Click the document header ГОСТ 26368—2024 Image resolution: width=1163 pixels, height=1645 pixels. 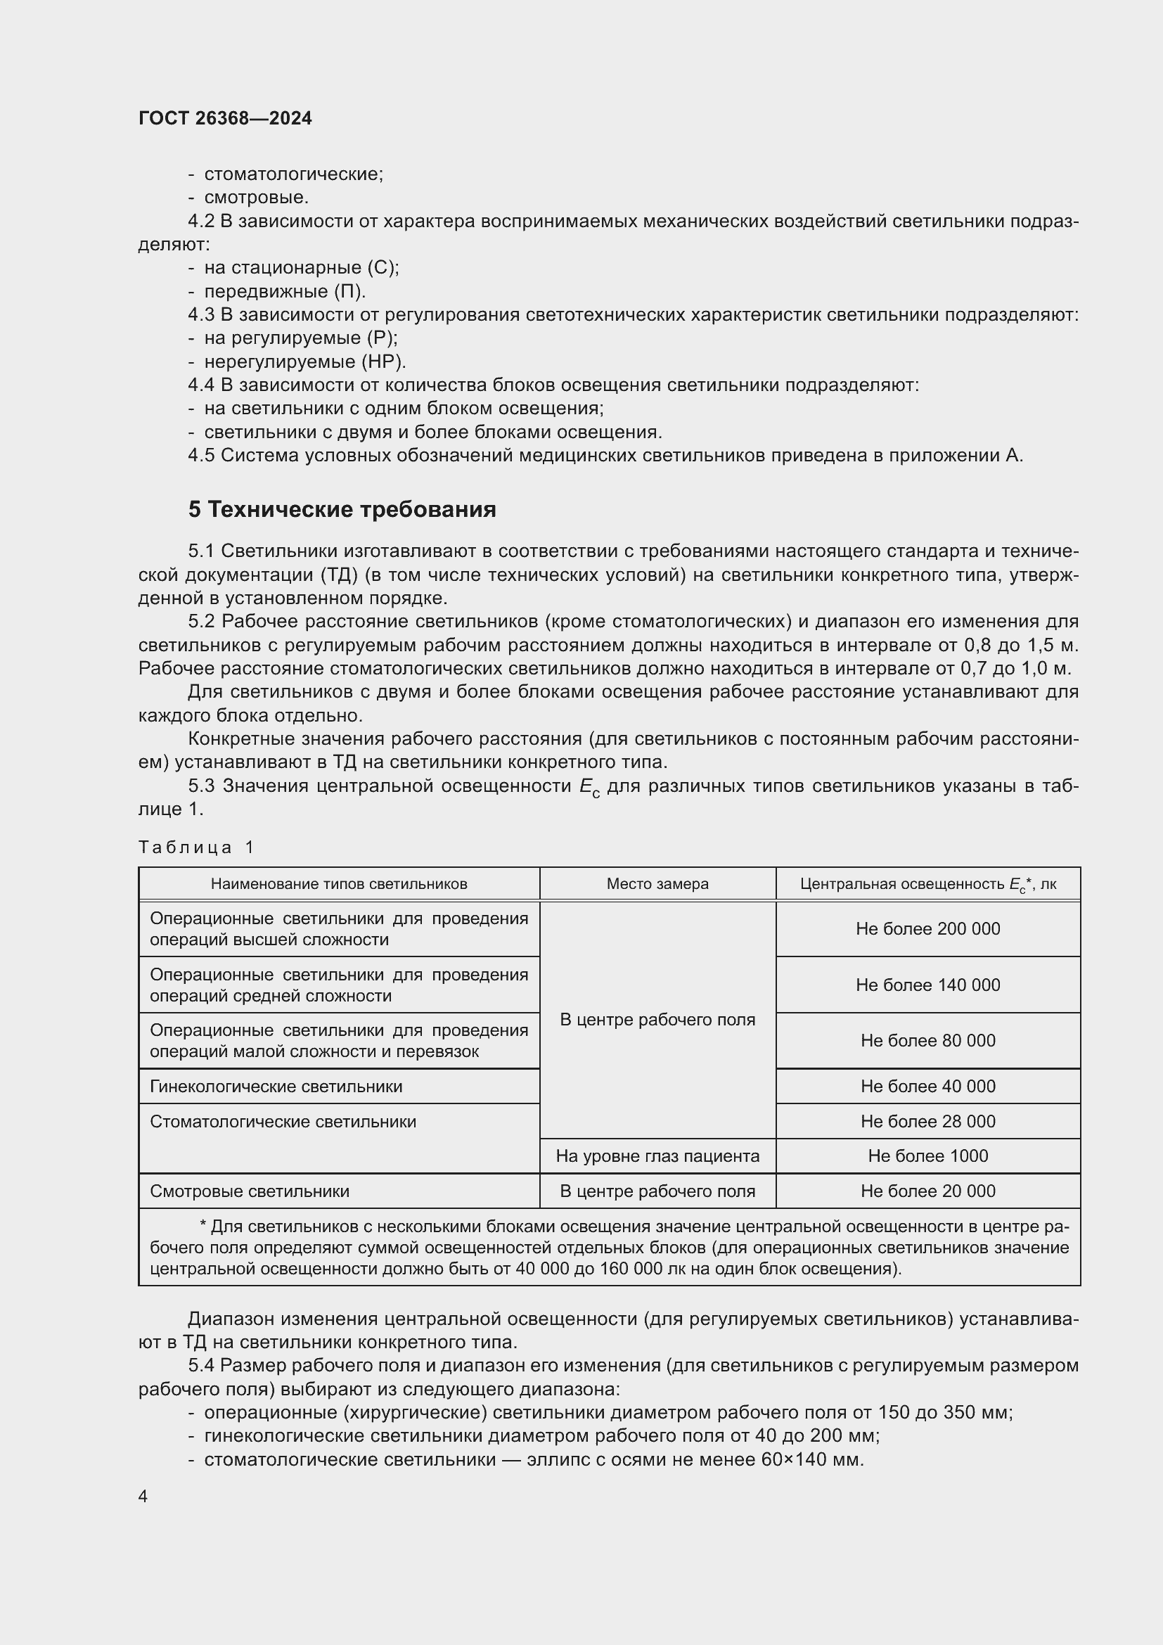point(225,118)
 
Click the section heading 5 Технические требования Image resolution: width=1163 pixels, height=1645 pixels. point(342,508)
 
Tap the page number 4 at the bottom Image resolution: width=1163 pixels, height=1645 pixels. point(143,1497)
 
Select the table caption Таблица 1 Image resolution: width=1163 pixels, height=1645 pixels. point(196,847)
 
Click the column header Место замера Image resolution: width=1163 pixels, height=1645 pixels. point(657,884)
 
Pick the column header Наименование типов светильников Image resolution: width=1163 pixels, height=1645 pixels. point(339,884)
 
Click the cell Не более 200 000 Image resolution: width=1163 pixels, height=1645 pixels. point(927,929)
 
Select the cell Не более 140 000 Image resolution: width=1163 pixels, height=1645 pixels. point(927,985)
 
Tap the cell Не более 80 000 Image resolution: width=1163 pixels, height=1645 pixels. point(927,1041)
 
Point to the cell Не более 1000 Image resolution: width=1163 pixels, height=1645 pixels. point(927,1156)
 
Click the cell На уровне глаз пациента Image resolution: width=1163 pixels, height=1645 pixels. point(657,1156)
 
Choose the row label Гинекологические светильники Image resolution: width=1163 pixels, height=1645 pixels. point(276,1086)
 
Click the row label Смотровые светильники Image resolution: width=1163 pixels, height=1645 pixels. point(249,1191)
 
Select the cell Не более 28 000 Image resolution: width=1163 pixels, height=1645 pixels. point(927,1121)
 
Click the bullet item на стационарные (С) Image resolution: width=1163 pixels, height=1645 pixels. point(302,268)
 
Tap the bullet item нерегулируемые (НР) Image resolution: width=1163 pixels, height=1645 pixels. point(305,361)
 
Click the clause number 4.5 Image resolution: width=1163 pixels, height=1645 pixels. point(201,456)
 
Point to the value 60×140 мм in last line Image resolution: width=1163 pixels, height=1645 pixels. point(813,1459)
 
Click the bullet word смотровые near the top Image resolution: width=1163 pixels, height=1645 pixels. point(256,197)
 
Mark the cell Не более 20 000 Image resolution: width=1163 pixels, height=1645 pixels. point(927,1191)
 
